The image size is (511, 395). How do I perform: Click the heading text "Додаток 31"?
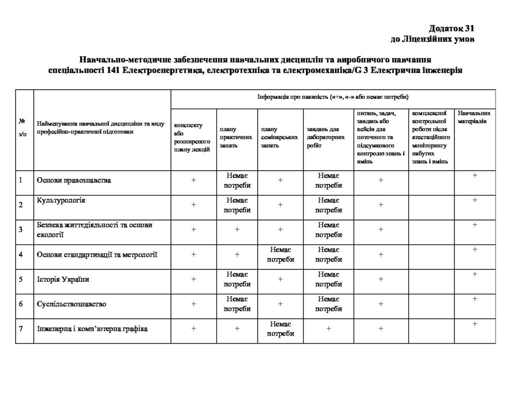click(450, 28)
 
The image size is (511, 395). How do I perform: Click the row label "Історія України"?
click(63, 279)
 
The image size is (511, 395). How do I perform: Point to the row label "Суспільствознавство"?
click(72, 304)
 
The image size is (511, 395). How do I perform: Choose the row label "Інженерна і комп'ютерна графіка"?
click(92, 329)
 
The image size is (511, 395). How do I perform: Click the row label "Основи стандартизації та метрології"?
click(97, 255)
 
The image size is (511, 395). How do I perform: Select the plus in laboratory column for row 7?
click(329, 329)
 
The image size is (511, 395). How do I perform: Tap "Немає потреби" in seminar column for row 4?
click(280, 255)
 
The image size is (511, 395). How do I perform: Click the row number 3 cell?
click(21, 230)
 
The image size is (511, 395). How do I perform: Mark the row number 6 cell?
click(21, 304)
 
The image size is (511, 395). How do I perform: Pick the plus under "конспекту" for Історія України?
click(194, 279)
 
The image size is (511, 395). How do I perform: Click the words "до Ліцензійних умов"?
click(432, 39)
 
